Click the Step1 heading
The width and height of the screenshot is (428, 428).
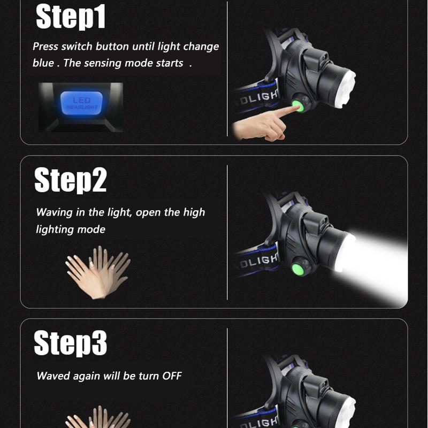[x=71, y=17]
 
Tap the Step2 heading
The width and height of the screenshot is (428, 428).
[x=71, y=180]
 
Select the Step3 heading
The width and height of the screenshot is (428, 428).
[x=71, y=343]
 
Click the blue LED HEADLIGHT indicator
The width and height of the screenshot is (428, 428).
[x=81, y=103]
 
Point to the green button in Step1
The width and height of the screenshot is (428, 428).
[x=298, y=105]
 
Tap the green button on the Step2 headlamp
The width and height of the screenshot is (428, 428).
[x=298, y=270]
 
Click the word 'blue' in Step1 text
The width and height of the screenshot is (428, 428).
[x=43, y=63]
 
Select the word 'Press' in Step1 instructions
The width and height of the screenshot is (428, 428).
[x=45, y=47]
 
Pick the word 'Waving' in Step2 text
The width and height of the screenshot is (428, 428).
[x=54, y=212]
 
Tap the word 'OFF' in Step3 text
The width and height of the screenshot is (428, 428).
[x=172, y=376]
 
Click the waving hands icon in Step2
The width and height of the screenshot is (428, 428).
[x=98, y=272]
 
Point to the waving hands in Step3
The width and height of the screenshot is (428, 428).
[x=98, y=417]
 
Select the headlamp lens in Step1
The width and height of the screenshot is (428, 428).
[x=346, y=88]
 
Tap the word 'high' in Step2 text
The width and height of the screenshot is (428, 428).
[x=194, y=212]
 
